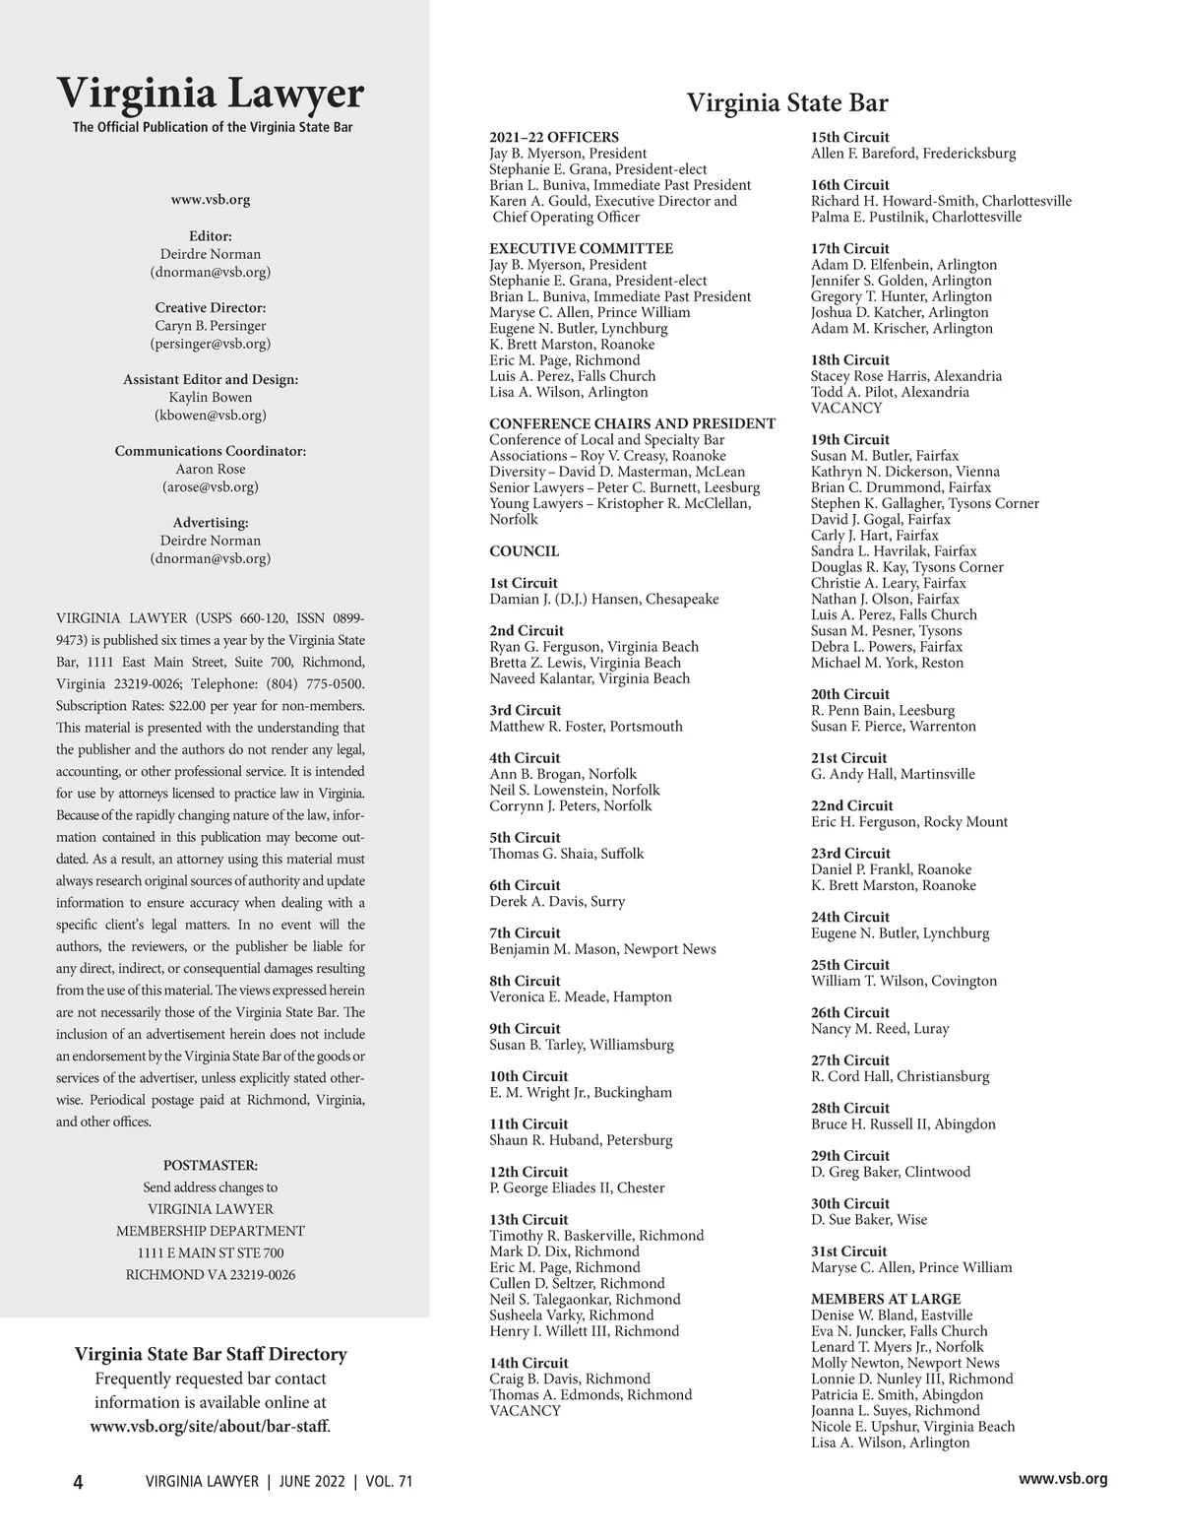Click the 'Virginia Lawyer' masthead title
[x=210, y=94]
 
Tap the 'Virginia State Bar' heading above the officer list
[x=786, y=103]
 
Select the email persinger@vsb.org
[x=211, y=344]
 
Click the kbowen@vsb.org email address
[x=211, y=416]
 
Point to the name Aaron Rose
[x=211, y=469]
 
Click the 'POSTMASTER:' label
[x=211, y=1165]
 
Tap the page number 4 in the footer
[x=79, y=1482]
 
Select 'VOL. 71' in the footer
[x=389, y=1482]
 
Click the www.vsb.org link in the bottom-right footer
[x=1063, y=1479]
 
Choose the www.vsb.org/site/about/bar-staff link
[x=210, y=1426]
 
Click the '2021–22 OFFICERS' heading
[x=554, y=137]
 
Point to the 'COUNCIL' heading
[x=524, y=551]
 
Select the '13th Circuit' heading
[x=528, y=1219]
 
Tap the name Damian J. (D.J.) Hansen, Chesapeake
[x=604, y=599]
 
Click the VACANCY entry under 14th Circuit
[x=525, y=1410]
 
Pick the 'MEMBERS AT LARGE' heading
[x=886, y=1299]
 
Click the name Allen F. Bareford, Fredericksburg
[x=913, y=153]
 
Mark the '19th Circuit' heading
[x=849, y=439]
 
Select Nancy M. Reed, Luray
[x=880, y=1028]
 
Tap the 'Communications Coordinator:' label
[x=211, y=451]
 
